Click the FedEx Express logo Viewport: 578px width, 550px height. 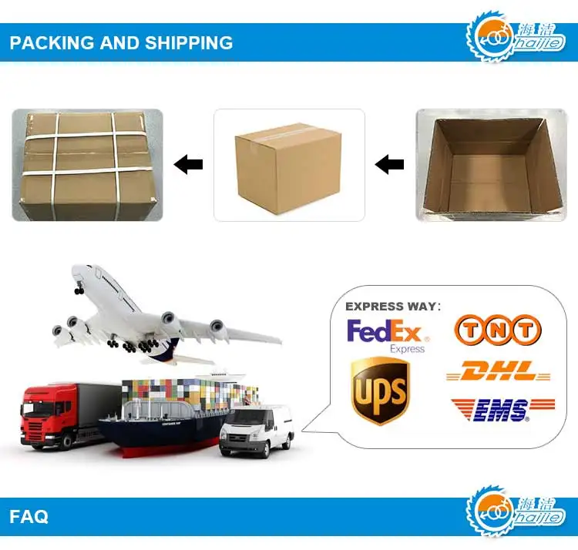point(387,334)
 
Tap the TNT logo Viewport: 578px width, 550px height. point(497,330)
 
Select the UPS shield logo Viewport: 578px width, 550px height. point(379,391)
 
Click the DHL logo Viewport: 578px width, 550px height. point(499,372)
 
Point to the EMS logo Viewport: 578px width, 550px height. point(502,410)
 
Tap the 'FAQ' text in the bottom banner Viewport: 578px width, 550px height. point(29,515)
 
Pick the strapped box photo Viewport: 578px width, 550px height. point(87,165)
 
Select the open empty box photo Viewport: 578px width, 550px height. point(491,165)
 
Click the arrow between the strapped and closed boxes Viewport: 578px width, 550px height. point(188,164)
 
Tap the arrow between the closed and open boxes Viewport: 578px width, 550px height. point(389,164)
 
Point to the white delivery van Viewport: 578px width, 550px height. point(256,431)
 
